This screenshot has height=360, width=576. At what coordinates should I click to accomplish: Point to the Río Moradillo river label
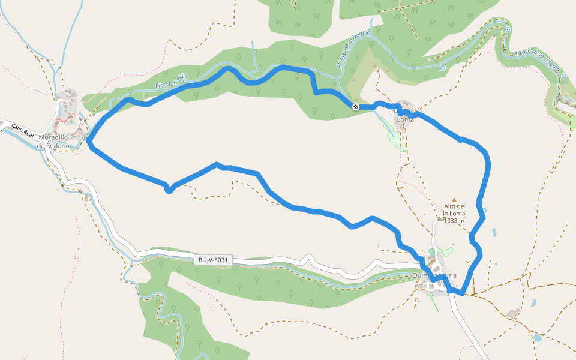click(172, 82)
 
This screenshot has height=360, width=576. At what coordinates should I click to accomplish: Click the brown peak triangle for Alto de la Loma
click(454, 199)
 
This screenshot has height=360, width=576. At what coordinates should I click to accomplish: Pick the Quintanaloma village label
click(434, 275)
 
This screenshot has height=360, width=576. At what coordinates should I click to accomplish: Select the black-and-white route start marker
click(356, 107)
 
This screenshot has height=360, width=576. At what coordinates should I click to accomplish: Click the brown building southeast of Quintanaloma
click(513, 313)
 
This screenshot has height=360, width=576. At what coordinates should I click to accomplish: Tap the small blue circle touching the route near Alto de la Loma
click(484, 211)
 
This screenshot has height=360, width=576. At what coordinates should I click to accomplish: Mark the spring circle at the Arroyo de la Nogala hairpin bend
click(508, 29)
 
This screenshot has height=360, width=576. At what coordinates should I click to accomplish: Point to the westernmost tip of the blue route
click(88, 142)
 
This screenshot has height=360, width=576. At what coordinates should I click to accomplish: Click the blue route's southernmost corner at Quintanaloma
click(462, 293)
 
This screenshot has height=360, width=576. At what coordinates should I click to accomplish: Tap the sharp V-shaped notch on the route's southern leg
click(170, 191)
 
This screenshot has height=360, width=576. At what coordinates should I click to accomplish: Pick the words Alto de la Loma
click(454, 209)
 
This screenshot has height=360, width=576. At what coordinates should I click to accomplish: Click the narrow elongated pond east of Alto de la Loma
click(494, 232)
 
